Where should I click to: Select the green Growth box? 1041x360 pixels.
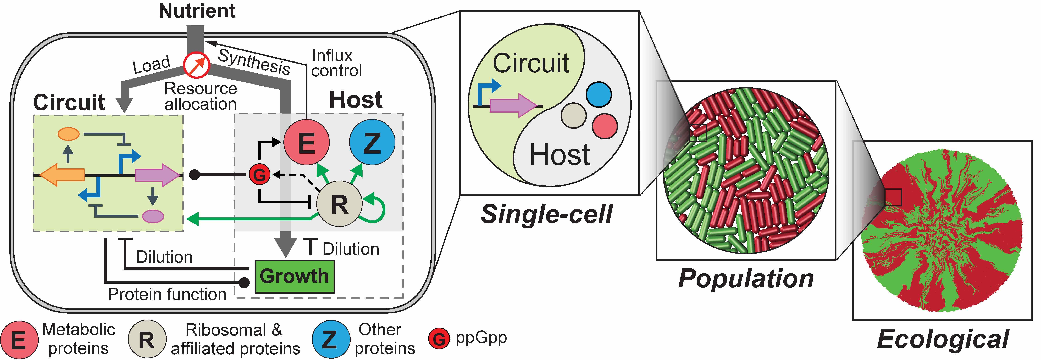(x=295, y=276)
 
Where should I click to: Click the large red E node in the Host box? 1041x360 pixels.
(x=306, y=142)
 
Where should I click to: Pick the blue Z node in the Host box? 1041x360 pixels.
(x=372, y=142)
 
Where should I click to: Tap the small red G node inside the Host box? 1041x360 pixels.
(x=259, y=175)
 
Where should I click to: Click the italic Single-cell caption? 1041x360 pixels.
(x=546, y=214)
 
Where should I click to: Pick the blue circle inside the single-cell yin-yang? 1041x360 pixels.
(x=599, y=94)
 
